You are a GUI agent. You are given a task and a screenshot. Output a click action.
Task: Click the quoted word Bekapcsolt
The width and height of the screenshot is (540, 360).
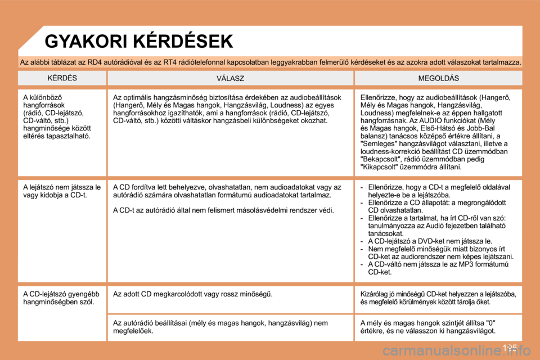(x=381, y=159)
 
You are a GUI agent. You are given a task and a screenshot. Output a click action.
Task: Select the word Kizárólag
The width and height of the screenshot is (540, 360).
(x=374, y=294)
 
